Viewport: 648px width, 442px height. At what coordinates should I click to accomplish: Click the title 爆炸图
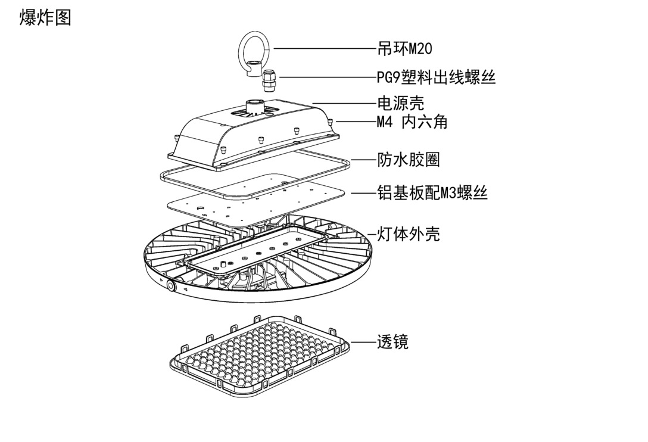(x=45, y=18)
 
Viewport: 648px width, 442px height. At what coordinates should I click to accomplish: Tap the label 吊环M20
(x=404, y=48)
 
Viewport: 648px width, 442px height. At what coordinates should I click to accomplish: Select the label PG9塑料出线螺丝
(x=436, y=77)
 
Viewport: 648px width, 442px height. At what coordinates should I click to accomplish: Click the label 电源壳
(x=400, y=103)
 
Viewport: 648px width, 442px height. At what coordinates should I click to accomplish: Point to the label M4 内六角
(x=412, y=122)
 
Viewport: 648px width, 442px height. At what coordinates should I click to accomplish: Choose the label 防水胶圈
(x=409, y=160)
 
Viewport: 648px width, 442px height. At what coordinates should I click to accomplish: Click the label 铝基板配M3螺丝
(x=432, y=192)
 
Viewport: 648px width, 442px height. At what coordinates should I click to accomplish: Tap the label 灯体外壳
(x=409, y=234)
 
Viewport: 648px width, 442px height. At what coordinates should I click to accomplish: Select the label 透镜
(x=392, y=342)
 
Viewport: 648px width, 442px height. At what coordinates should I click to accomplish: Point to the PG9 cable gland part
(x=269, y=80)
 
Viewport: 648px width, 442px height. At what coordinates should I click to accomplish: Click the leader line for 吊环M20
(x=325, y=48)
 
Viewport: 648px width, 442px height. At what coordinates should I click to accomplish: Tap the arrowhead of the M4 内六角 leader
(x=338, y=122)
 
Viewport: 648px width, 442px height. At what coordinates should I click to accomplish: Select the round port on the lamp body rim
(x=170, y=285)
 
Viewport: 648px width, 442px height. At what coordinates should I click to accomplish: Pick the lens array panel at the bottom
(x=260, y=356)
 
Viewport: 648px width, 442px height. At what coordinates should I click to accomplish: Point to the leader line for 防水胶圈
(x=363, y=160)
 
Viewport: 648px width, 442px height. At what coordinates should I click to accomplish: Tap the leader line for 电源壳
(x=344, y=103)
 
